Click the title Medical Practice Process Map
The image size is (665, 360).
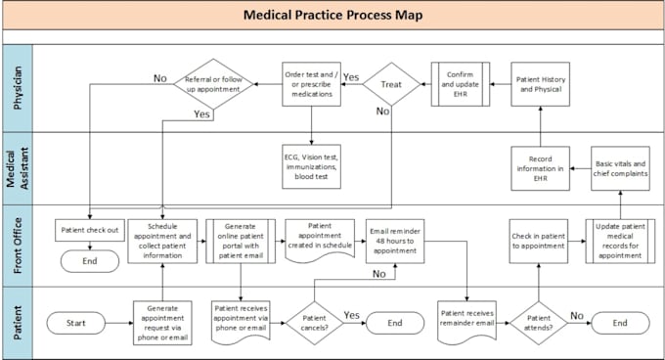point(332,16)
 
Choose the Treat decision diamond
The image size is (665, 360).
point(391,85)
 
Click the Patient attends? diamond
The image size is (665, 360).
point(538,322)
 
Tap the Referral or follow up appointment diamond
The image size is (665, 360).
point(213,85)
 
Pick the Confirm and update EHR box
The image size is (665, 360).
point(460,83)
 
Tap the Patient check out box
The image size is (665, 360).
point(90,231)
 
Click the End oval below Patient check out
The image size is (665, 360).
point(90,262)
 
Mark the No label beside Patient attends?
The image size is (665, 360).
point(577,315)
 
